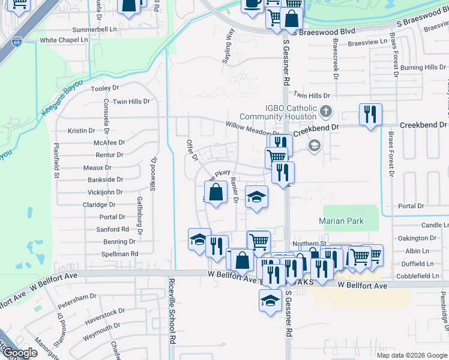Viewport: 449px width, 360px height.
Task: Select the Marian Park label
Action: [x=341, y=221]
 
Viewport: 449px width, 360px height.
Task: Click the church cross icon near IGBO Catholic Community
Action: [x=325, y=111]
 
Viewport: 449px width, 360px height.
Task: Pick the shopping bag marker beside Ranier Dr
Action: [x=215, y=192]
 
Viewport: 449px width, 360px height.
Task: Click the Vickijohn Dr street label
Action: [x=105, y=192]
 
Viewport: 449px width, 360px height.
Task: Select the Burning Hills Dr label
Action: [x=420, y=68]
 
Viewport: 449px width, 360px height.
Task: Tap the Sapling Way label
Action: [x=229, y=42]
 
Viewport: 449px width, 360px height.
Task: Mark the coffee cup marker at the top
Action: [x=252, y=4]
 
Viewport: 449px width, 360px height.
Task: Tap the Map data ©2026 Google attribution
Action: [x=411, y=355]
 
